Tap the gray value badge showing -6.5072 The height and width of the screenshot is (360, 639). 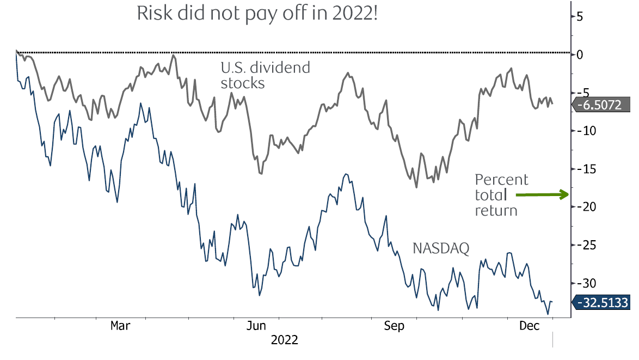[x=601, y=105]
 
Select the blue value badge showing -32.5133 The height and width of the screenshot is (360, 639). [x=601, y=302]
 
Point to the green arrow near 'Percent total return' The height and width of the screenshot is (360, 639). [x=542, y=194]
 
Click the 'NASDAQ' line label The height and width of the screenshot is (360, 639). [x=441, y=248]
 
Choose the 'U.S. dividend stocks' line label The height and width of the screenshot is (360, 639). [x=265, y=75]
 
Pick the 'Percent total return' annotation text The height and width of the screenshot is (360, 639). [x=501, y=195]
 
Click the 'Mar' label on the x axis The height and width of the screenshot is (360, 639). [x=120, y=326]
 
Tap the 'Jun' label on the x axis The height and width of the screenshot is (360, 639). [x=257, y=326]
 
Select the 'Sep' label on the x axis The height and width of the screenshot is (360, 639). [x=394, y=326]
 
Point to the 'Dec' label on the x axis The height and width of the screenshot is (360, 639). [x=529, y=326]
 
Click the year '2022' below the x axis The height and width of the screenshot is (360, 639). [x=284, y=340]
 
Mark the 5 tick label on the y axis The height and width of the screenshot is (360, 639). [x=580, y=16]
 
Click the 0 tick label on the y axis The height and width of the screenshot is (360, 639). [x=580, y=54]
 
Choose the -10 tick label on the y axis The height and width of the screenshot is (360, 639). [x=583, y=131]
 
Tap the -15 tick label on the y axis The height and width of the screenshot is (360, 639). [x=583, y=169]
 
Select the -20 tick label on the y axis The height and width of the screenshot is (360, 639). [x=583, y=207]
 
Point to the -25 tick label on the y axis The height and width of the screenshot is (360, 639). [x=583, y=245]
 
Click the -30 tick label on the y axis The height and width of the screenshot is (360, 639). [x=583, y=283]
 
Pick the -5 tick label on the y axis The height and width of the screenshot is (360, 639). [x=581, y=93]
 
